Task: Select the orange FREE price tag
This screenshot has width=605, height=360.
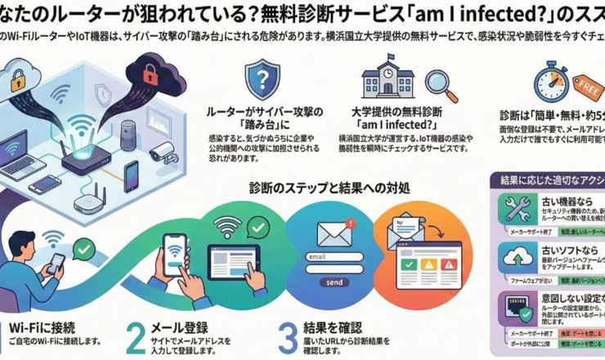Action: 589,85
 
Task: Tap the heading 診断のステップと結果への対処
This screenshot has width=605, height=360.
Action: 329,187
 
